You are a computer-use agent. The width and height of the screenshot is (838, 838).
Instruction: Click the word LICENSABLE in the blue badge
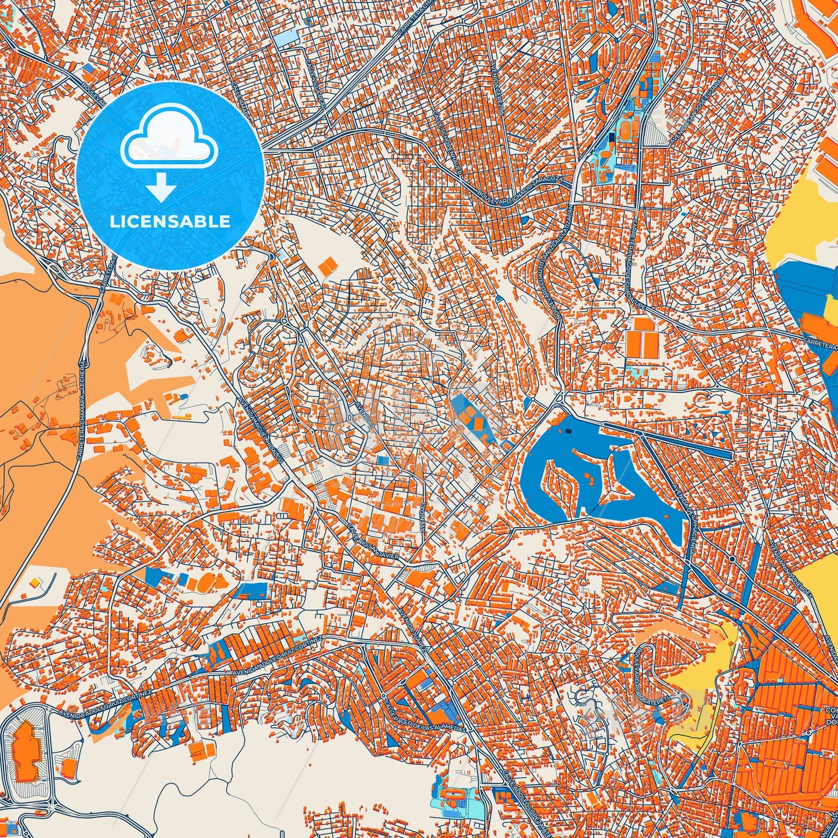click(170, 222)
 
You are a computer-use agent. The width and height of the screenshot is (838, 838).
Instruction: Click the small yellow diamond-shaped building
click(34, 582)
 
